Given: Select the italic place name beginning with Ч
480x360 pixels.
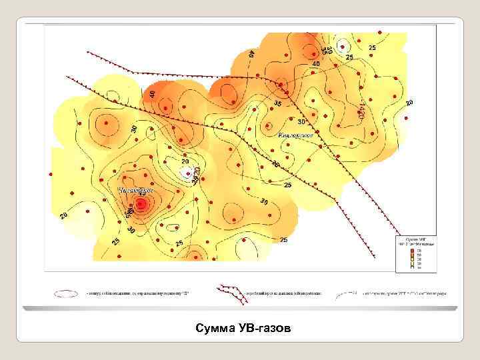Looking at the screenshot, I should coord(136,190).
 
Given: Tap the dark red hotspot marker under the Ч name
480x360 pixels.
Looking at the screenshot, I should coord(141,203).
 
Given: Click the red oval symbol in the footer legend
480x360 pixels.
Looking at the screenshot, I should coord(69,293).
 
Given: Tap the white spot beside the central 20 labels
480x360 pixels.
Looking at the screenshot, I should coord(186,172).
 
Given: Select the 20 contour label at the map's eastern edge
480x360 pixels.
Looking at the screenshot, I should coord(409,102).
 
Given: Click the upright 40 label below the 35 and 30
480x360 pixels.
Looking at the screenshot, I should coord(316,63).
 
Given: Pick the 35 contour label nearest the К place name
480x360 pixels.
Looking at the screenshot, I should coord(277,104).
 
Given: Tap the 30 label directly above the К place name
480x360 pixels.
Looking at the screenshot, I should coord(301,122).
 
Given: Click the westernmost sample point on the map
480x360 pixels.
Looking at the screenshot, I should coord(51,174).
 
